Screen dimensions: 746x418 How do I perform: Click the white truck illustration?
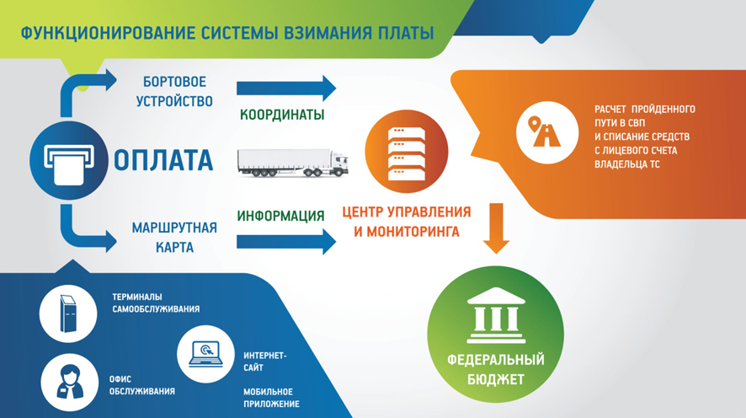tap(293, 163)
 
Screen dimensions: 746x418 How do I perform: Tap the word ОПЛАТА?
tap(163, 160)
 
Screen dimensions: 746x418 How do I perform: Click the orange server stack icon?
tap(407, 152)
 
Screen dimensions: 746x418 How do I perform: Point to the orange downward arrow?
tap(496, 228)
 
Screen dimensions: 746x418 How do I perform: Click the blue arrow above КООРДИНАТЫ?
tap(286, 88)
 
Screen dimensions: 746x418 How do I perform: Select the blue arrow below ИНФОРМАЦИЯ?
tap(286, 242)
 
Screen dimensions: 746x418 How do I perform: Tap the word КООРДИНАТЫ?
tap(282, 115)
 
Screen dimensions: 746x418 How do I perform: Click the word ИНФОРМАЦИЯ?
tap(280, 216)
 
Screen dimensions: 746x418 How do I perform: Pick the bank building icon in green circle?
tap(496, 315)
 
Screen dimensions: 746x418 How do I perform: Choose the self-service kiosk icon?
tap(68, 313)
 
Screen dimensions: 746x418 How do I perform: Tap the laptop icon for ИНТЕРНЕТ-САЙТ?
tap(205, 354)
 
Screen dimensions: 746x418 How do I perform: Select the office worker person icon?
tap(69, 382)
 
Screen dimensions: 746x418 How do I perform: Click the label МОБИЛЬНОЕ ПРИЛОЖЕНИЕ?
tap(272, 398)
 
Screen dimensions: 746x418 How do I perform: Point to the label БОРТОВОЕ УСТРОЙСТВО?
tap(174, 91)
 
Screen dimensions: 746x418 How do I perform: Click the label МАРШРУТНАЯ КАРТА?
tap(174, 238)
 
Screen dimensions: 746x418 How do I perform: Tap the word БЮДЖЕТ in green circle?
tap(496, 379)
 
